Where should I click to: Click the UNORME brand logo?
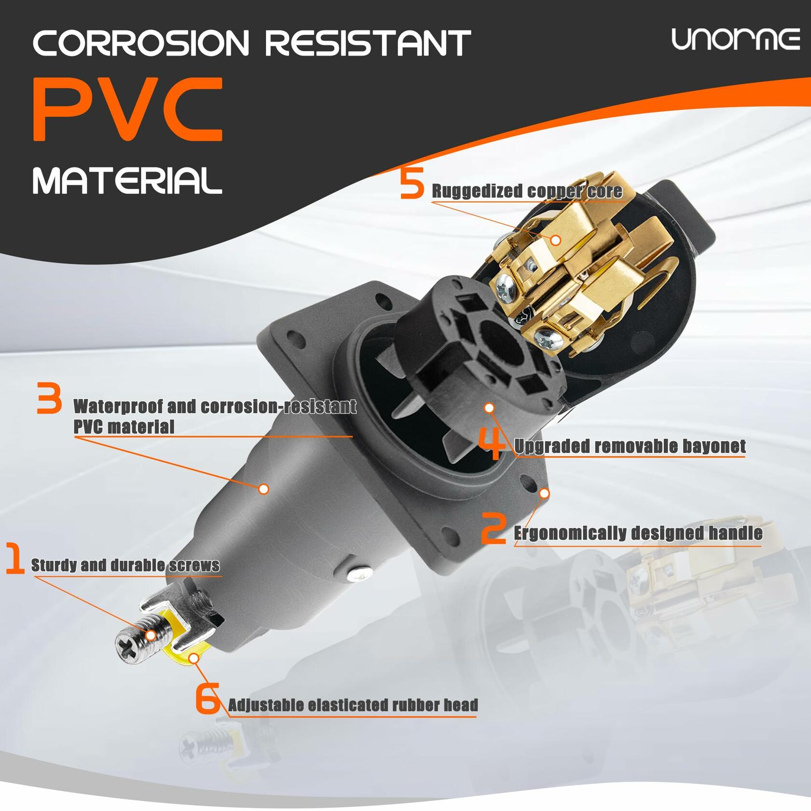point(736,40)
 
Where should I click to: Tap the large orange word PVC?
point(127,110)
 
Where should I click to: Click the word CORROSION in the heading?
point(140,43)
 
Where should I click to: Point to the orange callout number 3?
point(49,398)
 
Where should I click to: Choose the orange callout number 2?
point(494,529)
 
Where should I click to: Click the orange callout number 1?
point(15,559)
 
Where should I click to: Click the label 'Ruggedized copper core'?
point(527,191)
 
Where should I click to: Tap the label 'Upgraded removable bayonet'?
point(630,447)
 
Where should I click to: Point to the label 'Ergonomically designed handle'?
point(638,533)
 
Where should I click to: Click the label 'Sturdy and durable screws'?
point(125,565)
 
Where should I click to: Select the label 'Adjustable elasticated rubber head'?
point(353,705)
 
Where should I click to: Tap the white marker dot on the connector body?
point(264,489)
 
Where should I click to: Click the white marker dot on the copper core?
point(556,239)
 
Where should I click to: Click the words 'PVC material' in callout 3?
point(124,427)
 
